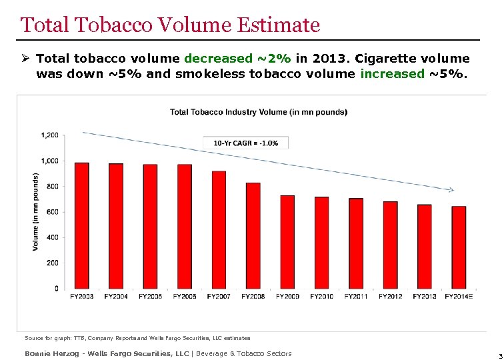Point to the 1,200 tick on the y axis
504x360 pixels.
click(50, 135)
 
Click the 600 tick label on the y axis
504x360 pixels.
click(53, 211)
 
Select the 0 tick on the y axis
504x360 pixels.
click(56, 288)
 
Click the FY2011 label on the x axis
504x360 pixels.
click(356, 296)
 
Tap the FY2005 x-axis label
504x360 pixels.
click(151, 296)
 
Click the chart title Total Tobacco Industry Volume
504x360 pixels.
click(259, 111)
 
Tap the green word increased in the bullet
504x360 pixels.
click(392, 73)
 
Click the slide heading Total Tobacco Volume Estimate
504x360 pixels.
click(170, 25)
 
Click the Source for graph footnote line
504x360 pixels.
click(137, 339)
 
